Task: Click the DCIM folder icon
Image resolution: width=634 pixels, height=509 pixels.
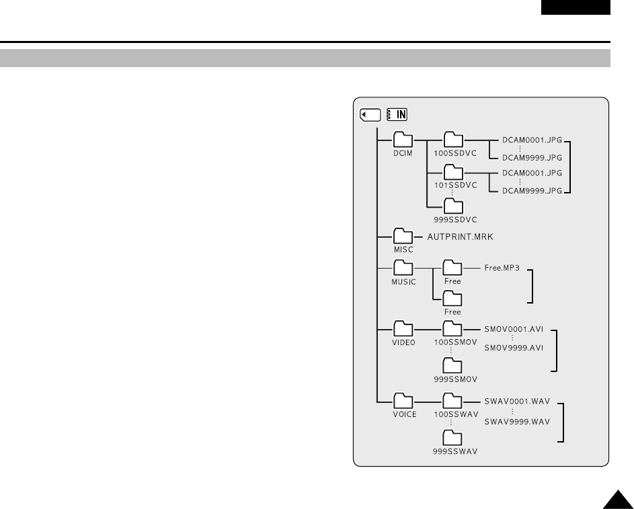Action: coord(403,139)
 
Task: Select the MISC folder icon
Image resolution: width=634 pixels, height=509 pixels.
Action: coord(403,236)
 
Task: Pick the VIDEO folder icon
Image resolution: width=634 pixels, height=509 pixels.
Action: coord(403,328)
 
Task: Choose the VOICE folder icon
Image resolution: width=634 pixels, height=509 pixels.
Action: coord(403,400)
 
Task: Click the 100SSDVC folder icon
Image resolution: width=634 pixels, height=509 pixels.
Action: coord(454,139)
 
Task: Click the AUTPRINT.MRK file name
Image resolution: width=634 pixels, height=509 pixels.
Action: coord(465,236)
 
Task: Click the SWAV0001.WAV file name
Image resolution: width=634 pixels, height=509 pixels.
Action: coord(517,402)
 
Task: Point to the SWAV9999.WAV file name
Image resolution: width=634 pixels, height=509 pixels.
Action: coord(517,421)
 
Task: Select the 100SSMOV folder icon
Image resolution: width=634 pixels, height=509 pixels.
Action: coord(452,328)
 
